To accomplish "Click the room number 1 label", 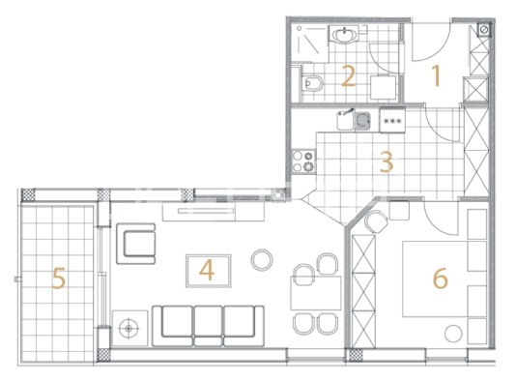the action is (437, 75).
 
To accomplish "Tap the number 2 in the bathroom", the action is (349, 76).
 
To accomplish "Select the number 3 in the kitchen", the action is (387, 161).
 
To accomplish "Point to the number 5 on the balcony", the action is (59, 278).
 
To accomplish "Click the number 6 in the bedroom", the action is (441, 278).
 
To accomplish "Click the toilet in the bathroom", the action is (312, 83).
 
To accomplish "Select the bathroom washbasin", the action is (344, 35).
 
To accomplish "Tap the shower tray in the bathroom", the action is (310, 44).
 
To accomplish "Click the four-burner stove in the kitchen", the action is (303, 161).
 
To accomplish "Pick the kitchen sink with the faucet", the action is (354, 120).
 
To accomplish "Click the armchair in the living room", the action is (136, 244).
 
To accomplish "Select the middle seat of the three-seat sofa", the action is (208, 326).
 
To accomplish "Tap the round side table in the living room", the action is (262, 260).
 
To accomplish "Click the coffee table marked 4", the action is (209, 271).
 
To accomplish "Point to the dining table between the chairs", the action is (316, 293).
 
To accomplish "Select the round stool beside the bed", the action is (453, 334).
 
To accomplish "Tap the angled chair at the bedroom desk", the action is (376, 221).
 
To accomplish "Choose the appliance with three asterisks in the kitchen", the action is (392, 120).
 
